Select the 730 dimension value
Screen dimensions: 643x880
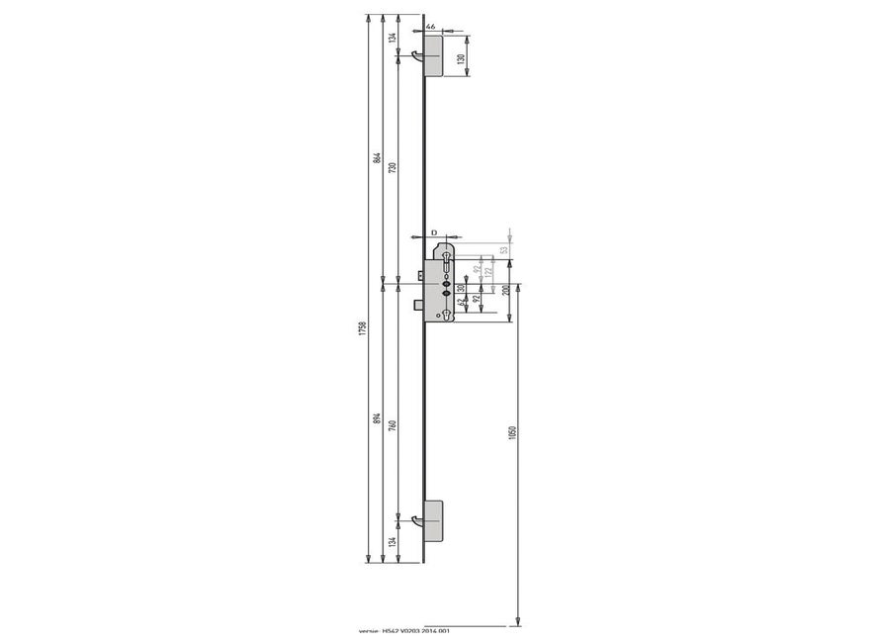[x=394, y=168]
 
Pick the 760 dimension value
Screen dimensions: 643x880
[x=394, y=426]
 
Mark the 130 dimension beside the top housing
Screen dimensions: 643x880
[x=461, y=58]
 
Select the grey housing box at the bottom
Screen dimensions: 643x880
[x=434, y=518]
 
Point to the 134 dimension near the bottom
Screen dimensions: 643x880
[x=394, y=542]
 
